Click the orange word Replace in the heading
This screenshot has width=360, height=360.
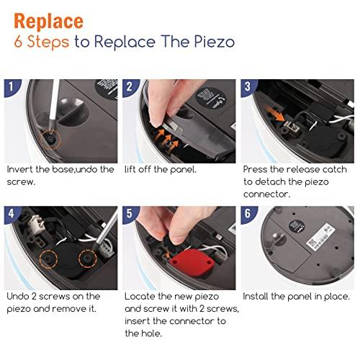tap(49, 22)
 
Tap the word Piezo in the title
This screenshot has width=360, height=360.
tap(215, 42)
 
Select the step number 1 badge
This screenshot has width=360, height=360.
tap(12, 87)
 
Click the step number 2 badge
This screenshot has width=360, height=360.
tap(130, 87)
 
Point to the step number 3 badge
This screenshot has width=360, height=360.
tap(248, 87)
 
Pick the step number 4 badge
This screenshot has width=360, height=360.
tap(12, 214)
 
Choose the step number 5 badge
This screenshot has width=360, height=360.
tap(130, 214)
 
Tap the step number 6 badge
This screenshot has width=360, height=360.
tap(248, 214)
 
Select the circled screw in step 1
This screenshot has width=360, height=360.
tap(50, 140)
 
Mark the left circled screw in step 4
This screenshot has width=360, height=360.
tap(48, 259)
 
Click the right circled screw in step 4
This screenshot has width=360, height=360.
tap(88, 258)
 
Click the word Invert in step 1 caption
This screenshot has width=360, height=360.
tap(19, 169)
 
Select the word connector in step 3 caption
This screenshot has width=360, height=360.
tap(266, 194)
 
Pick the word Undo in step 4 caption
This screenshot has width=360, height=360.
tap(17, 297)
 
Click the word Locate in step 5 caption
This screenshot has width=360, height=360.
tap(140, 297)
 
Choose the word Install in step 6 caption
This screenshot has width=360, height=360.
tap(256, 297)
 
